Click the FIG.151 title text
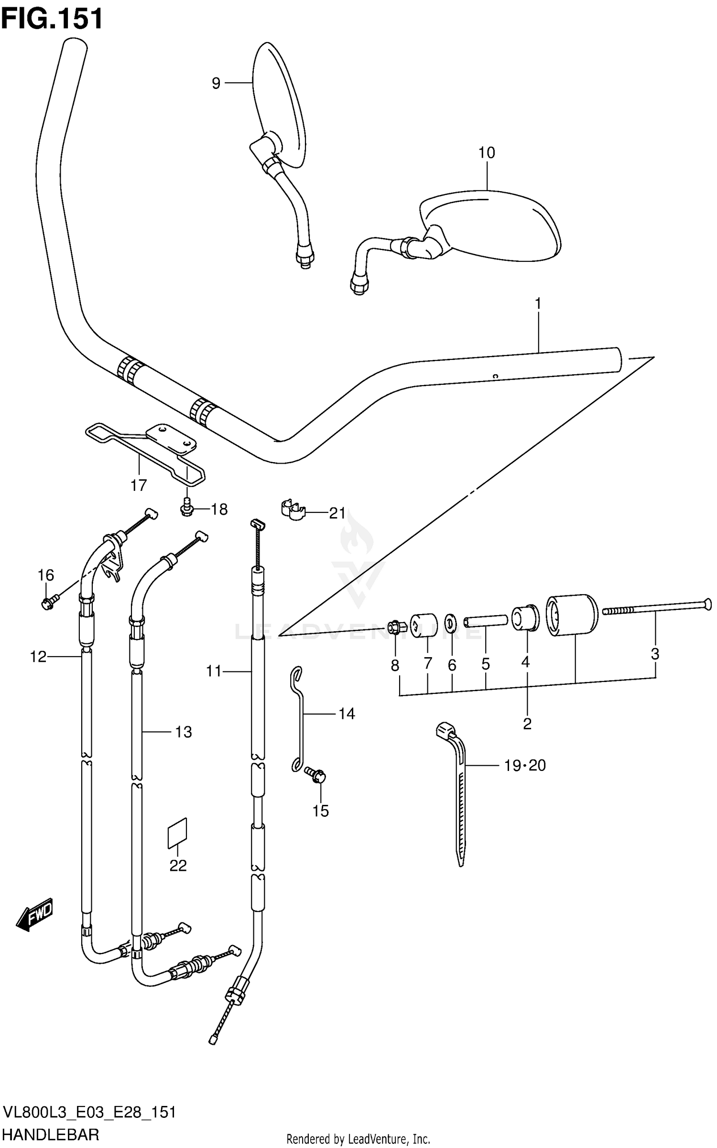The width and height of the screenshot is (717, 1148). (x=52, y=19)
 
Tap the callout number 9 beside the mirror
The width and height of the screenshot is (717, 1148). (x=216, y=84)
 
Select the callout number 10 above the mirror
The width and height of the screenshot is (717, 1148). (x=487, y=153)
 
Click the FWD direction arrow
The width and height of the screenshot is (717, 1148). (x=35, y=915)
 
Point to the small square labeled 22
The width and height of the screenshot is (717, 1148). (x=177, y=834)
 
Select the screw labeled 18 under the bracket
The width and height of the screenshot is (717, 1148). (x=186, y=510)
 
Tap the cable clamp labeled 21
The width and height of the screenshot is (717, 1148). (x=293, y=510)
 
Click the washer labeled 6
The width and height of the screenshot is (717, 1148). (x=450, y=623)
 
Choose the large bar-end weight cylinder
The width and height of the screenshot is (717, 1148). (x=572, y=615)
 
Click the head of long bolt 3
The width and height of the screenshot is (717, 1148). (x=707, y=605)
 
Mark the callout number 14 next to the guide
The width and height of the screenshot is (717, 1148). (x=347, y=714)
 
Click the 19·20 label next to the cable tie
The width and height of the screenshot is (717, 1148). (x=524, y=766)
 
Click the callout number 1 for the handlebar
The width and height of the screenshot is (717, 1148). (x=538, y=303)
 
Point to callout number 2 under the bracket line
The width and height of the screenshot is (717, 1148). (x=527, y=724)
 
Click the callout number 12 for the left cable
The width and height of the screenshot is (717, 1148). (x=38, y=657)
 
